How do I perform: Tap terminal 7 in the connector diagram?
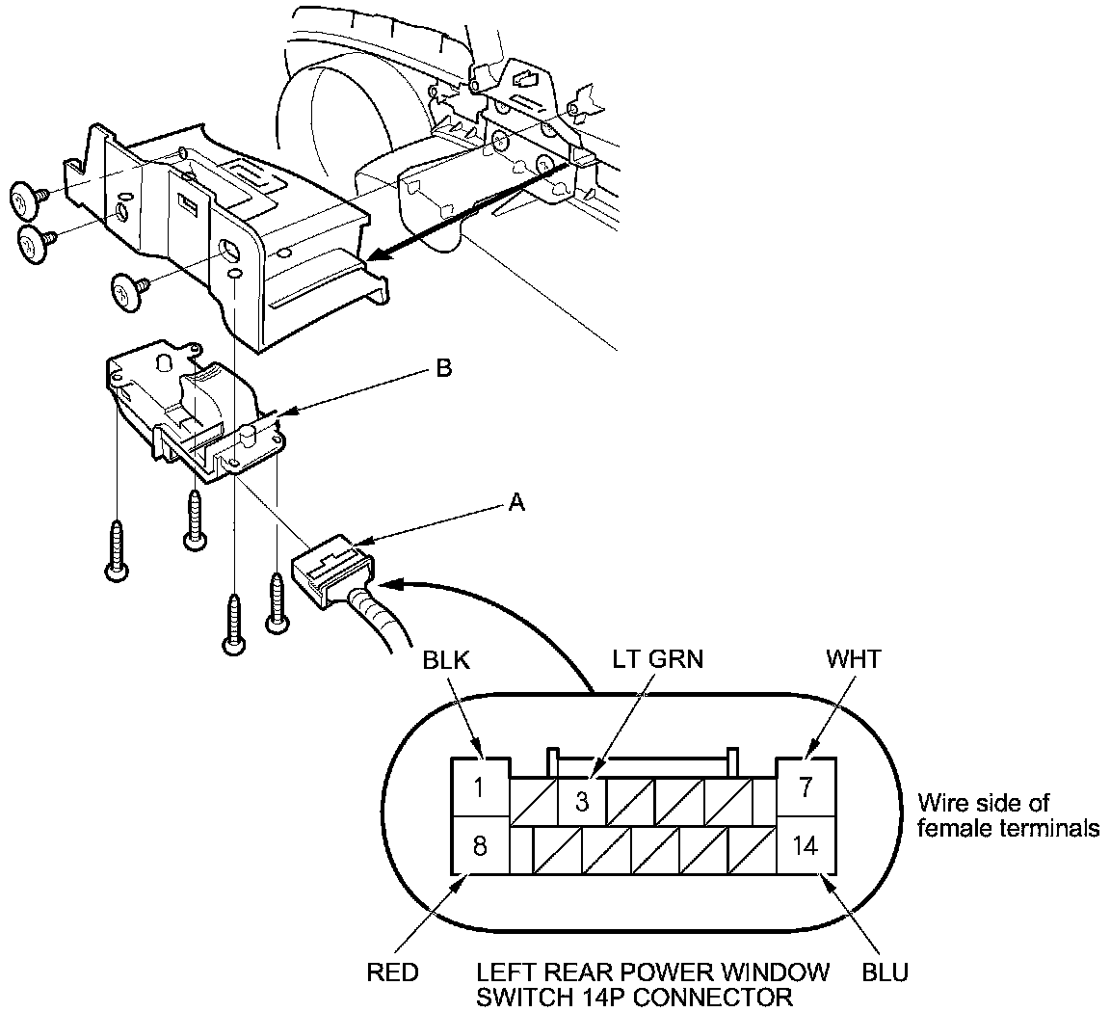806,786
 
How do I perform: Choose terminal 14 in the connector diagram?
806,846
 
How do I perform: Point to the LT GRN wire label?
658,659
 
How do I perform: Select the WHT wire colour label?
852,661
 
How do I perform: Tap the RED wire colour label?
392,972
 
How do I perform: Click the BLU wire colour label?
885,972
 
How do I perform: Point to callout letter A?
516,502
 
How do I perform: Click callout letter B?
443,369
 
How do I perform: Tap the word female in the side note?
950,827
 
